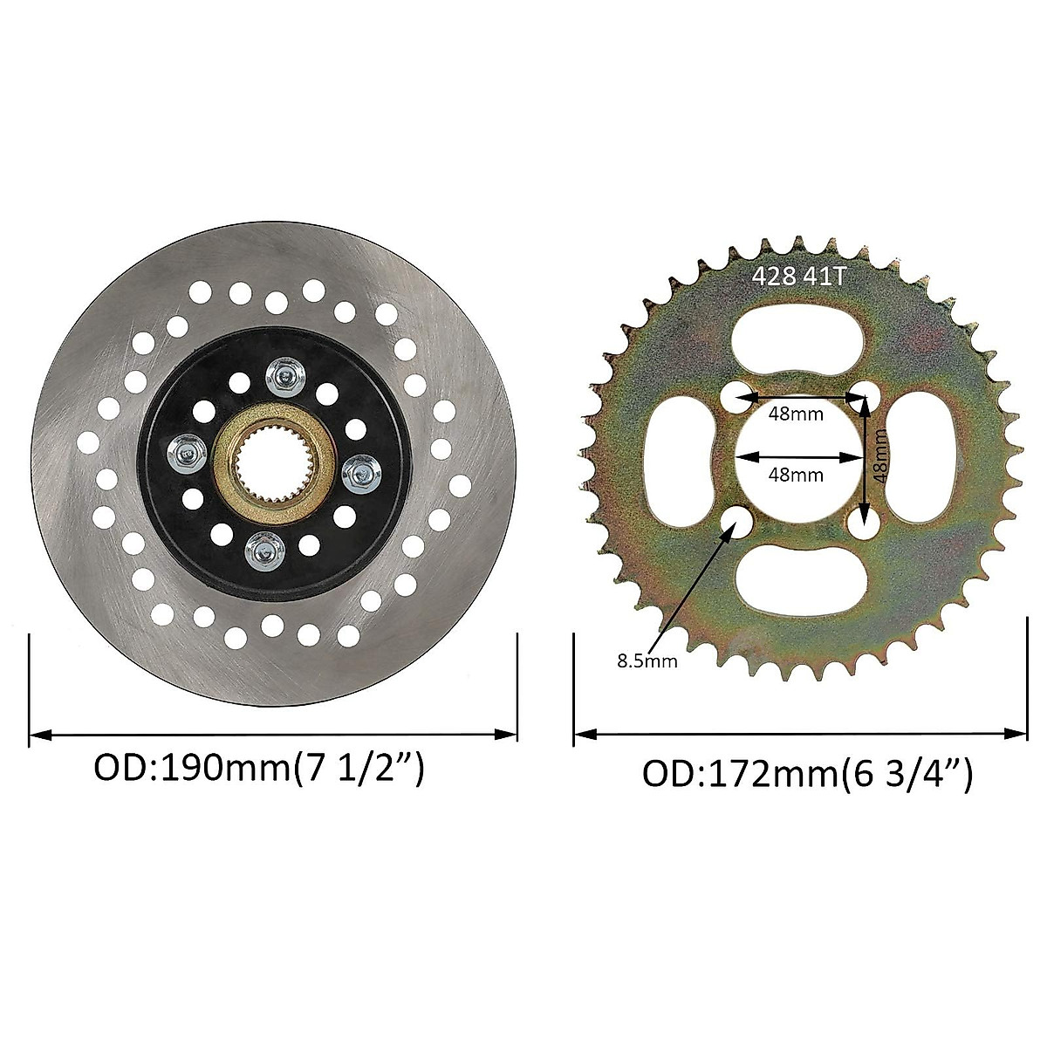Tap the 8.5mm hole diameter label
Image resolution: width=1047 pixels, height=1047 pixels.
pyautogui.click(x=647, y=660)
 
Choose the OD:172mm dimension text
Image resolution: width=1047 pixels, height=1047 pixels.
pyautogui.click(x=807, y=773)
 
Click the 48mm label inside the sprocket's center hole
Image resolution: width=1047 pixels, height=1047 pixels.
pyautogui.click(x=796, y=475)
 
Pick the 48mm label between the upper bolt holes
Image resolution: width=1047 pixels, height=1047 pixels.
pyautogui.click(x=796, y=414)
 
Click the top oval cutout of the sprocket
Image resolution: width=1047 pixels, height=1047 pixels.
pyautogui.click(x=799, y=336)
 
